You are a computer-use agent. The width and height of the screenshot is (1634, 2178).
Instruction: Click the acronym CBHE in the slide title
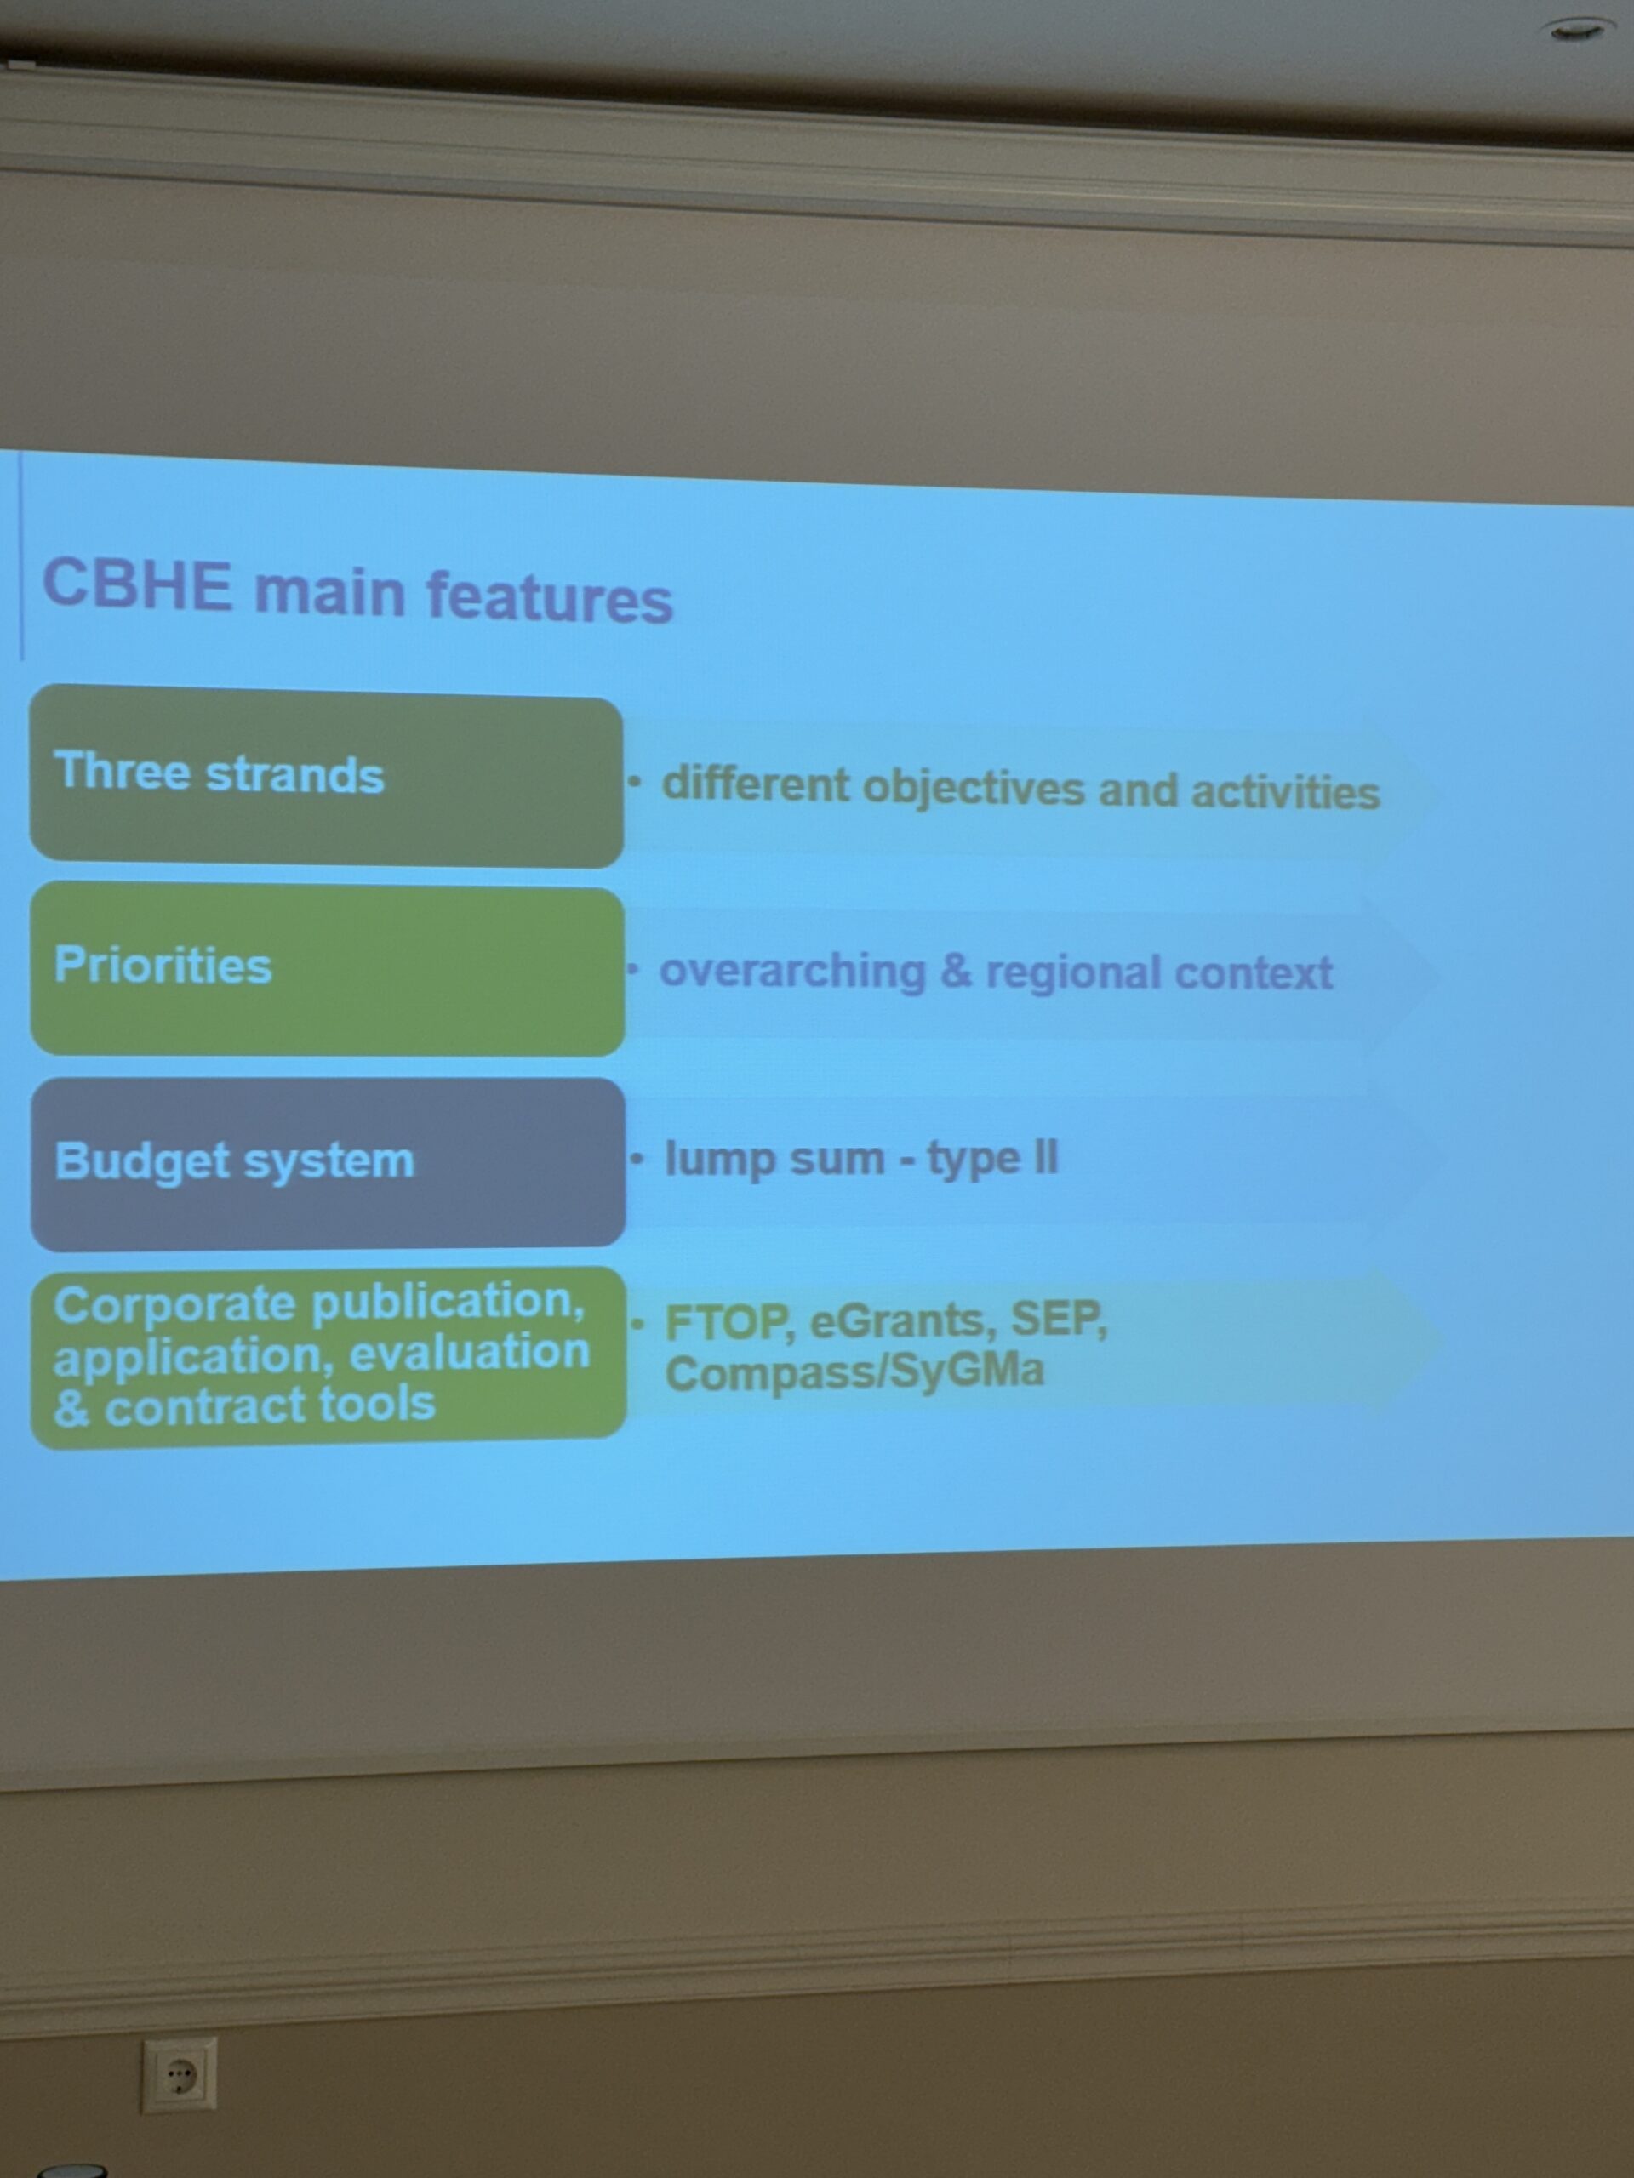[137, 584]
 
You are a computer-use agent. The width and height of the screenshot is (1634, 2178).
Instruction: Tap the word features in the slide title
[550, 596]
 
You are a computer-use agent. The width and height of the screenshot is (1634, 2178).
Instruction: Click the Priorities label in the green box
[163, 964]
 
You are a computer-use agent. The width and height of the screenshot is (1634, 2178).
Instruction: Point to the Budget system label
[234, 1160]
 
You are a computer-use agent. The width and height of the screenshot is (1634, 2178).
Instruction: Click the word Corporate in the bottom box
[177, 1306]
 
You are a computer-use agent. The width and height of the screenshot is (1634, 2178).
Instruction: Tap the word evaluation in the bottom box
[470, 1351]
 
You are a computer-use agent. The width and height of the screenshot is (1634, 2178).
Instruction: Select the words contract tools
[270, 1404]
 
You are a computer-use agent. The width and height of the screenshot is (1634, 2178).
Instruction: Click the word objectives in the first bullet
[974, 789]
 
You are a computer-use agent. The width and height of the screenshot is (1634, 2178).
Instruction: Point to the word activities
[1285, 791]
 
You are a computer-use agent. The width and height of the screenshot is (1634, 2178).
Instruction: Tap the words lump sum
[775, 1158]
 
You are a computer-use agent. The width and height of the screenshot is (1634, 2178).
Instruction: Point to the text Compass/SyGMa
[854, 1371]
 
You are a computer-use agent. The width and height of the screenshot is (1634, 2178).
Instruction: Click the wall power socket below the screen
[178, 2073]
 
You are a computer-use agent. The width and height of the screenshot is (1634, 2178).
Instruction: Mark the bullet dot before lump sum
[638, 1159]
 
